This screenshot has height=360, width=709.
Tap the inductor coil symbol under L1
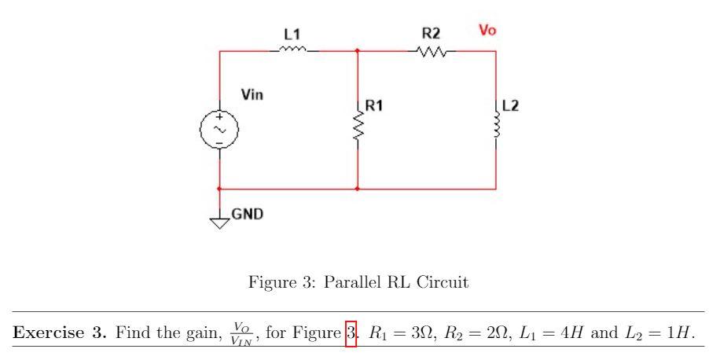click(292, 50)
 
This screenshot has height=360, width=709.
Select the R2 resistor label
click(431, 33)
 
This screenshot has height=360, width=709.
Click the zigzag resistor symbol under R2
click(432, 51)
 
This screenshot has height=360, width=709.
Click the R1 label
click(373, 106)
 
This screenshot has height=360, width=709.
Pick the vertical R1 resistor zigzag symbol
click(358, 126)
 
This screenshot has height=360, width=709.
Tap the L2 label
click(511, 106)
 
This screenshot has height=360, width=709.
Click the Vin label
click(252, 95)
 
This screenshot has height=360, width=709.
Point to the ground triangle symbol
click(219, 222)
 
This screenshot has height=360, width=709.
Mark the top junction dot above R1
click(358, 51)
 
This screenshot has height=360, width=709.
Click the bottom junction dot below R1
click(358, 189)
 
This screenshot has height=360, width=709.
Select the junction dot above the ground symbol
click(219, 189)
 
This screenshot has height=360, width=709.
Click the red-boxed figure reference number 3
click(351, 333)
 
